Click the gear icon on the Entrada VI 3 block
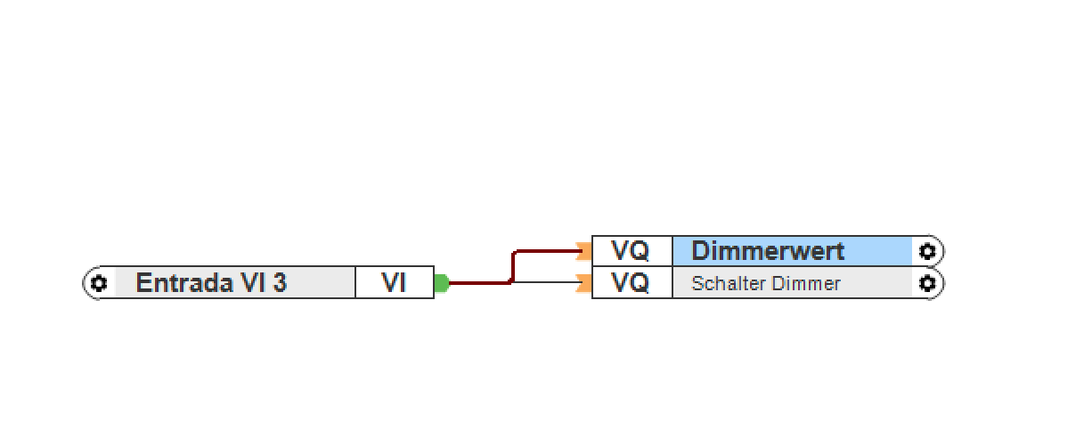click(98, 283)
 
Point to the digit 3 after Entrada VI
click(280, 283)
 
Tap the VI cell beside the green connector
click(394, 283)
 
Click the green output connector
click(441, 283)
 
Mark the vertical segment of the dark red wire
click(513, 267)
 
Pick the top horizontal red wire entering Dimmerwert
click(548, 252)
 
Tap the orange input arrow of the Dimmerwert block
click(584, 251)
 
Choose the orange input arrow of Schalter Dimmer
click(584, 284)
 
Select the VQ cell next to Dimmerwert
click(631, 251)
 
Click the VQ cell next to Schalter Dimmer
click(631, 283)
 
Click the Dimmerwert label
click(768, 251)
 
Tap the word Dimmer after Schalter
click(809, 284)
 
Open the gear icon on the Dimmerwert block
click(927, 251)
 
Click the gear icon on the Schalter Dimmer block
click(927, 283)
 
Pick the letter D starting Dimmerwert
click(700, 251)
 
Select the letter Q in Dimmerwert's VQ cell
click(640, 251)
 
